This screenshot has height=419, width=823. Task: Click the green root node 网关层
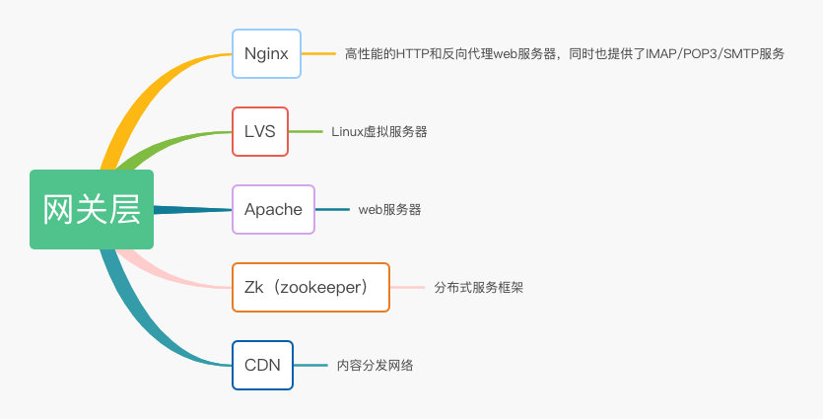[92, 209]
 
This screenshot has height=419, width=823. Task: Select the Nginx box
[266, 53]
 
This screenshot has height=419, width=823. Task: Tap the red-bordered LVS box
[260, 131]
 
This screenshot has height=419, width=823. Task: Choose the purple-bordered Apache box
[273, 209]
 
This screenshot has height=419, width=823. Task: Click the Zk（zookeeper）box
[310, 287]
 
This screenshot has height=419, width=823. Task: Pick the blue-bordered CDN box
[262, 365]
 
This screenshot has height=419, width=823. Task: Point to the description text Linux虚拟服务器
[379, 131]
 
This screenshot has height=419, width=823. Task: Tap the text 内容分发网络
[375, 365]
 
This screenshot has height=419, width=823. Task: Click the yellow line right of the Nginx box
[317, 53]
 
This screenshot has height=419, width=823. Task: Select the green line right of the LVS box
[306, 131]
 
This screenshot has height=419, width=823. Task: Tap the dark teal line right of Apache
[332, 209]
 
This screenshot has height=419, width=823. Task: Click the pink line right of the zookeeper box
[405, 287]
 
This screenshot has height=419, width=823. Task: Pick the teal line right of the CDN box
[309, 365]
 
